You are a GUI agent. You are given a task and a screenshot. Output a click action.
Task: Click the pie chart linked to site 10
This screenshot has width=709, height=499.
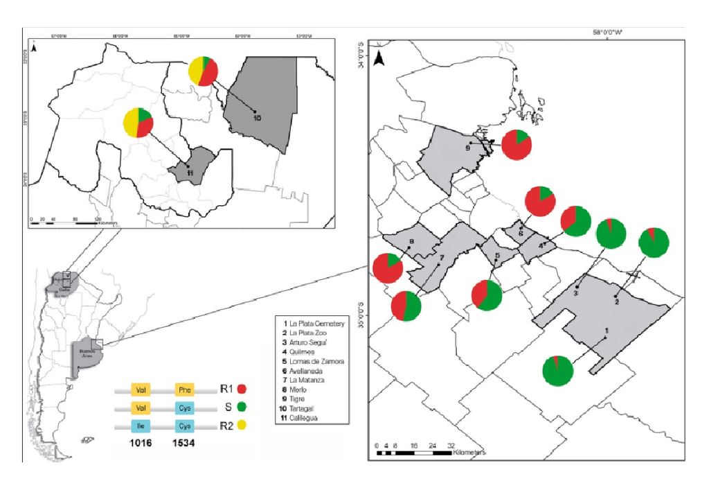click(204, 71)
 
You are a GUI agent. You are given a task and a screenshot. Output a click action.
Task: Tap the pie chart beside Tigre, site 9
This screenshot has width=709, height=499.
click(517, 144)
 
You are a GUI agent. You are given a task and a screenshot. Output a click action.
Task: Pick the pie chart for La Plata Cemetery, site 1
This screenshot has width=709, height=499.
click(557, 370)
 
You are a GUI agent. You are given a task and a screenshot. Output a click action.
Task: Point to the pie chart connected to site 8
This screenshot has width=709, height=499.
click(387, 268)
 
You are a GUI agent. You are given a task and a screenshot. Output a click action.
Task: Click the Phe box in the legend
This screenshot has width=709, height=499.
click(184, 389)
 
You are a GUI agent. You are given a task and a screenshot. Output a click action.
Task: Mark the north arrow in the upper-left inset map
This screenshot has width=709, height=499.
click(35, 48)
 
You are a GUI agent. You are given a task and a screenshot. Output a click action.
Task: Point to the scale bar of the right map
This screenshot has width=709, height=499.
click(414, 453)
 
